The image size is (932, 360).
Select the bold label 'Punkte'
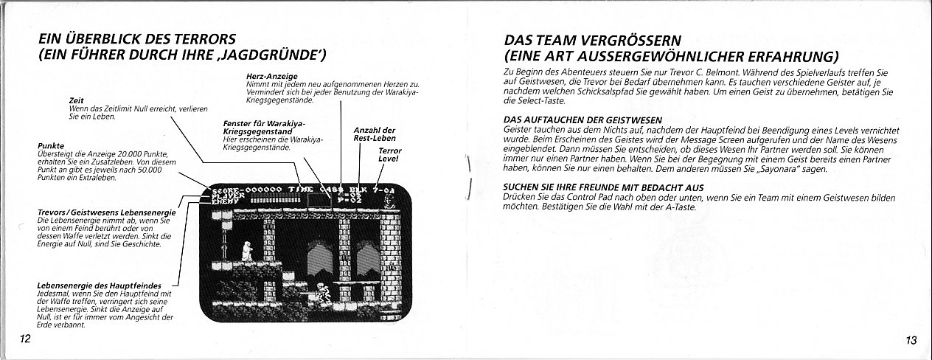(49, 146)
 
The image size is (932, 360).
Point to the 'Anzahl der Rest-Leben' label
(375, 134)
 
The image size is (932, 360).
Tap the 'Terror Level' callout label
(389, 153)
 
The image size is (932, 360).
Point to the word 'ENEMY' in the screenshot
(226, 202)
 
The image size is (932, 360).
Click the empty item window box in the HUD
(319, 198)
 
